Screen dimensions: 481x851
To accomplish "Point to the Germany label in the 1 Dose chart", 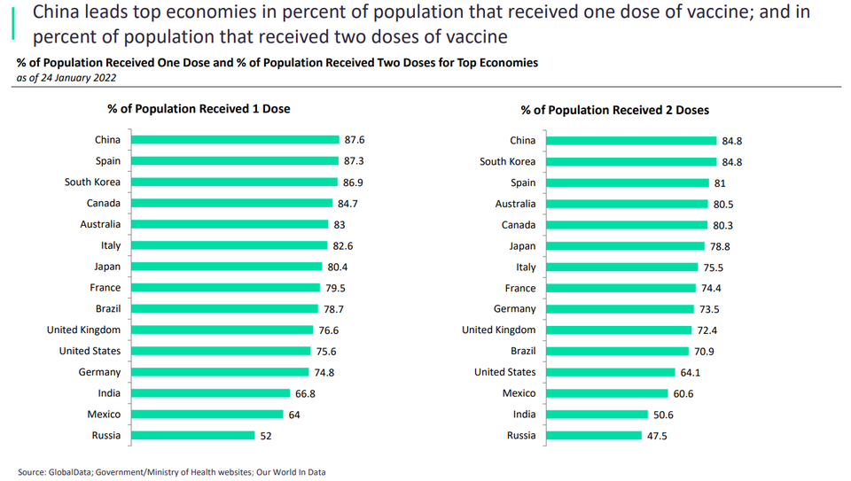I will click(99, 372).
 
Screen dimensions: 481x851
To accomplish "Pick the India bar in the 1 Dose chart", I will click(211, 393).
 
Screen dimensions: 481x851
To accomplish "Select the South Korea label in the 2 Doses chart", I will click(507, 161).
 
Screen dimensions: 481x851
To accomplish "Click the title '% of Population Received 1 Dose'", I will click(199, 109).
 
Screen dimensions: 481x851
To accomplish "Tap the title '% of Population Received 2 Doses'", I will click(614, 111).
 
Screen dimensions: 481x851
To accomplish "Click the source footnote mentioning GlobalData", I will click(171, 472).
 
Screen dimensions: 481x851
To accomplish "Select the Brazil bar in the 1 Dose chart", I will click(225, 308).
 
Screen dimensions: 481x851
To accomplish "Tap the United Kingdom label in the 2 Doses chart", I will click(498, 330).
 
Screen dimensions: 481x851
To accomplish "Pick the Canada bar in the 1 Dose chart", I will click(232, 204).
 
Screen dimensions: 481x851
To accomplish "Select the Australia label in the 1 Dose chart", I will click(100, 224).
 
